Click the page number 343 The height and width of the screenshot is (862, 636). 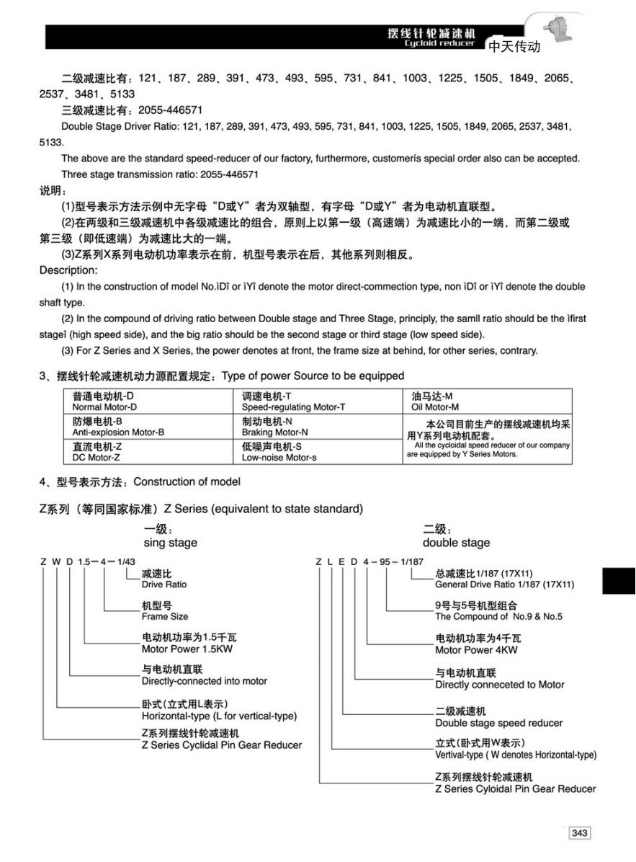point(579,833)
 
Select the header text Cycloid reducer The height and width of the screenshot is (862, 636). point(439,44)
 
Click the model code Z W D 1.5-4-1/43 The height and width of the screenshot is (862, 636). point(88,561)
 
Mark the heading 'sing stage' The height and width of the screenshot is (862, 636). point(170,543)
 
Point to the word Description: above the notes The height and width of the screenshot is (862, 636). point(68,270)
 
